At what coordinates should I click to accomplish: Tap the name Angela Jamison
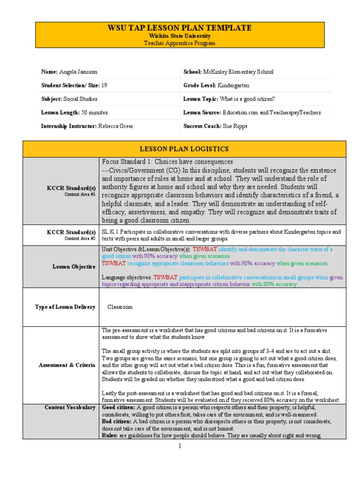click(79, 72)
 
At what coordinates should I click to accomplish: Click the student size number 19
click(104, 85)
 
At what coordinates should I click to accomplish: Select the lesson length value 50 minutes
click(94, 112)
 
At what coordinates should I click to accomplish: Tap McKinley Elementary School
click(238, 72)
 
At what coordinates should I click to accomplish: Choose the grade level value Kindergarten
click(233, 85)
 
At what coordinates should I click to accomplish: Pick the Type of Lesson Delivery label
click(65, 307)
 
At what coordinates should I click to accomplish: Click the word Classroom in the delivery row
click(120, 307)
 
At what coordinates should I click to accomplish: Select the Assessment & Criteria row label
click(67, 365)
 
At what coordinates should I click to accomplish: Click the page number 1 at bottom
click(179, 446)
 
